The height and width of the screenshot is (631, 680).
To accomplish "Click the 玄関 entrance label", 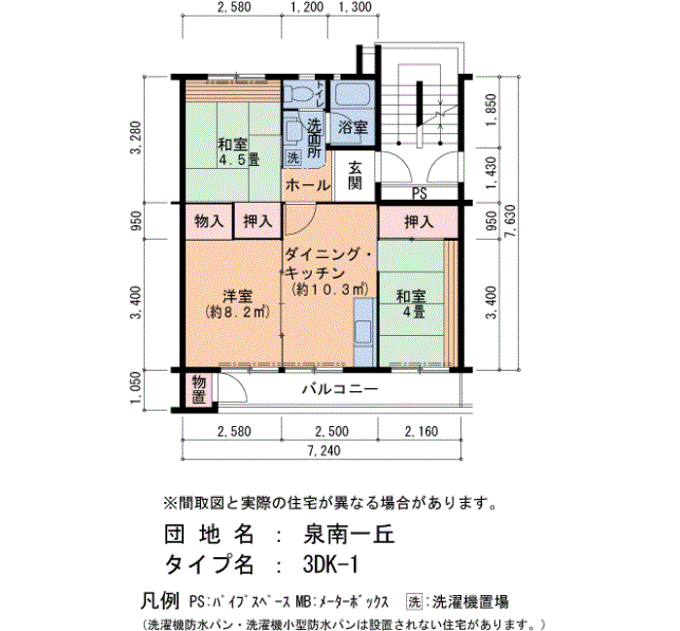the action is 355,175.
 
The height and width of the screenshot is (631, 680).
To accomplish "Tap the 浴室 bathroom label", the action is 353,128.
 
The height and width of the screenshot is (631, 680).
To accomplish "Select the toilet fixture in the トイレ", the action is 297,93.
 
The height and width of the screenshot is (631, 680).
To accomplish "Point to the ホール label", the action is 308,185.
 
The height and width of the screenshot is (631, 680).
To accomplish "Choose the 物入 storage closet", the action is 209,221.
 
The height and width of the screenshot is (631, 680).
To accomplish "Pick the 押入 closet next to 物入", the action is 257,221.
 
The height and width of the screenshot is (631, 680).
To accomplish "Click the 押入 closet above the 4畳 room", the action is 419,221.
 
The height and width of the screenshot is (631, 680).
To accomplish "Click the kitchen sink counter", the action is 363,332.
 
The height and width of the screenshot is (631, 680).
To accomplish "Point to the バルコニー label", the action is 340,388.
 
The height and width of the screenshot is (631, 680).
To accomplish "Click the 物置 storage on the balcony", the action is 198,389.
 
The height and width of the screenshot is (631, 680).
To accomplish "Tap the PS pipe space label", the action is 420,193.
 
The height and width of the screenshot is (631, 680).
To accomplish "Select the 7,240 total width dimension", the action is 323,450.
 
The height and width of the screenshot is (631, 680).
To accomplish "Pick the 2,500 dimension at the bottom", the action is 332,432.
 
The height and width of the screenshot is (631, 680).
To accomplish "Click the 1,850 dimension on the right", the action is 491,110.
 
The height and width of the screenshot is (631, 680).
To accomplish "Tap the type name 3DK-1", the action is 330,565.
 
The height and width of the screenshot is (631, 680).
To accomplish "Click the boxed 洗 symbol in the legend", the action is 414,602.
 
